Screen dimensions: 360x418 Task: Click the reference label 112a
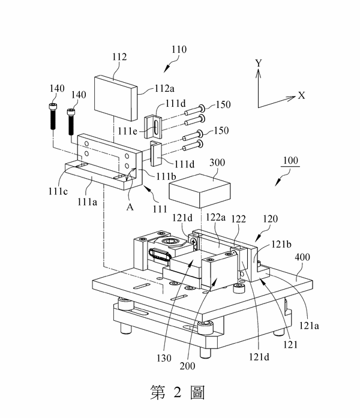click(164, 88)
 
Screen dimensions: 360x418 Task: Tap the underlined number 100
click(290, 161)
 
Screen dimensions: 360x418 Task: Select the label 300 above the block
click(217, 163)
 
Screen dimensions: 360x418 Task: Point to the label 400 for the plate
click(302, 257)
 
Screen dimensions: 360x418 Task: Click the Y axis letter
click(258, 63)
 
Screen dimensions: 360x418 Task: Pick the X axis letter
click(301, 95)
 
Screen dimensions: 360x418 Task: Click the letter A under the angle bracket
click(130, 207)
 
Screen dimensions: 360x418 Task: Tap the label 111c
click(58, 191)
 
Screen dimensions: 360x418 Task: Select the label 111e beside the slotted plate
click(127, 131)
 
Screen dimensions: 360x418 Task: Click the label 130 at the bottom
click(164, 358)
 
